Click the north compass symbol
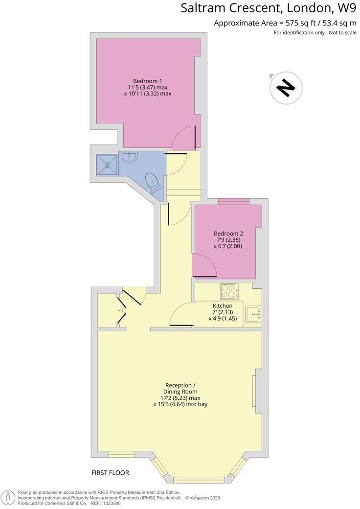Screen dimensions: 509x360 click(x=286, y=88)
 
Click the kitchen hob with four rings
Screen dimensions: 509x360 click(x=228, y=291)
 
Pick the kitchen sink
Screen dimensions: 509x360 click(x=253, y=314)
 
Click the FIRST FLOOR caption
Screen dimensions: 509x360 click(x=110, y=473)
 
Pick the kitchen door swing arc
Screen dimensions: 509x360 click(x=182, y=313)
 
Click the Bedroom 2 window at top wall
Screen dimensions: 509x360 click(x=234, y=201)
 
